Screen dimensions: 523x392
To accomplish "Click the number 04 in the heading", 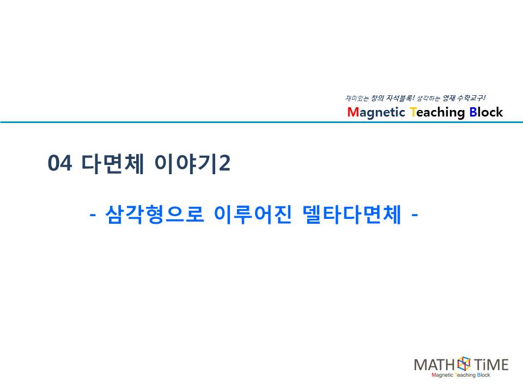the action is (60, 163).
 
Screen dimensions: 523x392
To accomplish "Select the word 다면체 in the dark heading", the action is (113, 163).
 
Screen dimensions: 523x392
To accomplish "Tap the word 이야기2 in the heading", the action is (192, 163).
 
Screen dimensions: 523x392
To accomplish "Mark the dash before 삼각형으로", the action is (93, 215).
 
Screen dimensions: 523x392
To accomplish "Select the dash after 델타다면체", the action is (415, 215).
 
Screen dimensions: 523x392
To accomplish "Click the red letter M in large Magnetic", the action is (352, 112).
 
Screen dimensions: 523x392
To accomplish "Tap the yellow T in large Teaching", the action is (413, 112).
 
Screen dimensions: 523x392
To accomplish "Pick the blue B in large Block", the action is (473, 112).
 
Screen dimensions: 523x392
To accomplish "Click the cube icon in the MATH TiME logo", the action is (464, 363).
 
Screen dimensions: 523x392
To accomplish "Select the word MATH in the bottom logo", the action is (434, 365).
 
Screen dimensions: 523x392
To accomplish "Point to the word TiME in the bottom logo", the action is (491, 365).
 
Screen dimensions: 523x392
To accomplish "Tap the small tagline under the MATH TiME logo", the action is (461, 375).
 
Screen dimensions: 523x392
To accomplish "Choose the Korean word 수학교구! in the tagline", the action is (471, 98).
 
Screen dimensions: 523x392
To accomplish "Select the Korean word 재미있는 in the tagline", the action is (357, 99).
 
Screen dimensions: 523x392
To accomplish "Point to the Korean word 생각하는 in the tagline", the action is (428, 99).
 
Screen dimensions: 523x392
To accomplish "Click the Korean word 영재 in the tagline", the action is (449, 98).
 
